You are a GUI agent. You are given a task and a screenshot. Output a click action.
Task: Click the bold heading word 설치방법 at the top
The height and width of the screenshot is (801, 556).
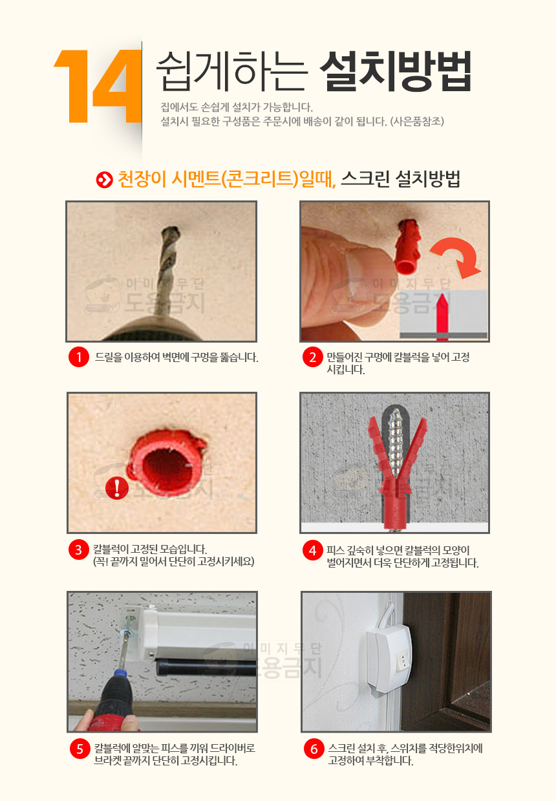click(x=395, y=71)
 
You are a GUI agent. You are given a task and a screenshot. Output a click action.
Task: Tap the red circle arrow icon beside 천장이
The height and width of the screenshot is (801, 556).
click(x=104, y=180)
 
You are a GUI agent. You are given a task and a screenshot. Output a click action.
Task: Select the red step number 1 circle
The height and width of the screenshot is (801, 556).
click(x=79, y=356)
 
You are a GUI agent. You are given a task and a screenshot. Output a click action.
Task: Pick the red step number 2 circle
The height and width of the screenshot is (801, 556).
click(x=312, y=356)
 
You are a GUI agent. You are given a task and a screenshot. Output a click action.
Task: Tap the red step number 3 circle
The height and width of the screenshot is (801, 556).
click(x=79, y=550)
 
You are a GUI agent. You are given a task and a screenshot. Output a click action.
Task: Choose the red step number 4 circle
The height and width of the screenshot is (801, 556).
click(x=312, y=550)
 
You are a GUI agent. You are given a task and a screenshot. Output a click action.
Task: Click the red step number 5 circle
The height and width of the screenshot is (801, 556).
click(x=80, y=749)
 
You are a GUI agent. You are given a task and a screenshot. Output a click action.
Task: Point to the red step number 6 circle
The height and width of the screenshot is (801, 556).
click(x=314, y=749)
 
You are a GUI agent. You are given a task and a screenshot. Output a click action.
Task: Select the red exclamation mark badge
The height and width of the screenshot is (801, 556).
click(x=117, y=488)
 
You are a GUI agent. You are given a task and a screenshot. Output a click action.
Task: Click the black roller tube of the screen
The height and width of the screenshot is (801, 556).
click(x=206, y=667)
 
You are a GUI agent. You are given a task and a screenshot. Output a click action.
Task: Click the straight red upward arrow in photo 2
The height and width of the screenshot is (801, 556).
click(x=442, y=317)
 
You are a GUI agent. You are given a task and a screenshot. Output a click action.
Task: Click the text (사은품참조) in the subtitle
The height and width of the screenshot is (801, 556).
click(x=417, y=122)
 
